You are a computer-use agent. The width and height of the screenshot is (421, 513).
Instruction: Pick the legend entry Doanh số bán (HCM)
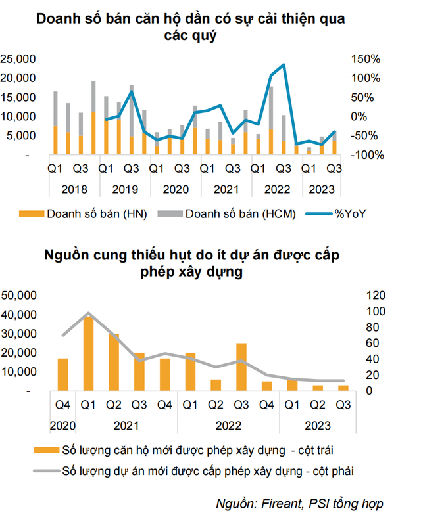[232, 213]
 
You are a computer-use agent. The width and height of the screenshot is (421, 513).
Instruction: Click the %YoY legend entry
[341, 213]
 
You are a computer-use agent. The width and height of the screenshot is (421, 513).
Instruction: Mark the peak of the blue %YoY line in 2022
[283, 64]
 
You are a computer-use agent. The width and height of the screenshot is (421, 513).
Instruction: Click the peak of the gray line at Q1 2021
[89, 313]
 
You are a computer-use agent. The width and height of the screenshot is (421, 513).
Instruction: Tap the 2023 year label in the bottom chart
[317, 425]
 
